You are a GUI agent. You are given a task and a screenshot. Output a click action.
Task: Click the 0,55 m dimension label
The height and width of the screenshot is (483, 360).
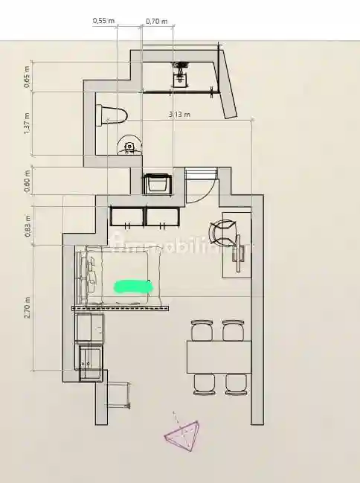tap(103, 21)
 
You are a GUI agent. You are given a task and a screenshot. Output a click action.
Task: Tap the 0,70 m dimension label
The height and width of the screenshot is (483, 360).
tap(156, 21)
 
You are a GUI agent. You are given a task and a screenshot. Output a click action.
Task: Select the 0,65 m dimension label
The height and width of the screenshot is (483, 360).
tap(28, 77)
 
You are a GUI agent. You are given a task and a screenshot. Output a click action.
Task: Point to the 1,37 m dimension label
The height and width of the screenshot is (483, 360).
tap(28, 124)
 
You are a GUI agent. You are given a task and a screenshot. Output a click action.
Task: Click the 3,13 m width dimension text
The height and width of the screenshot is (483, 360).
tap(179, 115)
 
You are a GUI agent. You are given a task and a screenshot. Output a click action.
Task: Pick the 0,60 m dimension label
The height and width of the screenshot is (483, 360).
tap(28, 182)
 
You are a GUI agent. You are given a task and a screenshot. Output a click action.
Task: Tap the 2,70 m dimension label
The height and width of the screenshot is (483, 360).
tap(28, 308)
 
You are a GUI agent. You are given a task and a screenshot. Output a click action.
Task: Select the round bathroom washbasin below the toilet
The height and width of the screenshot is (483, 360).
tap(129, 147)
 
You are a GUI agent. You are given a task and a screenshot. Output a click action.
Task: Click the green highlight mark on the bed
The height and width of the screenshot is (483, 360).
tap(133, 286)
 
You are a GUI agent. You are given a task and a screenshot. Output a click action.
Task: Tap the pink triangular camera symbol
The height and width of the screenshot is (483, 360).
tap(183, 434)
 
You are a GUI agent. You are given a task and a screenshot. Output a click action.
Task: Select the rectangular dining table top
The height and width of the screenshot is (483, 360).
tap(218, 356)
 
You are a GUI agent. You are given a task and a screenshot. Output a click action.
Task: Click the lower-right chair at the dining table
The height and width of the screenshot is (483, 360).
tap(236, 383)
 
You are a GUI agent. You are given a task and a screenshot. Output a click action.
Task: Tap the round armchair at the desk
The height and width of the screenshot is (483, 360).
tap(223, 231)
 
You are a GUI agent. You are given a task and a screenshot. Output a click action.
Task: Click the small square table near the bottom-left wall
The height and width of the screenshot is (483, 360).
tap(118, 394)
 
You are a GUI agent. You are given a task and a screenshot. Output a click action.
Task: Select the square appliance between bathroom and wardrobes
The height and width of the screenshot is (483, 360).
tap(158, 183)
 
